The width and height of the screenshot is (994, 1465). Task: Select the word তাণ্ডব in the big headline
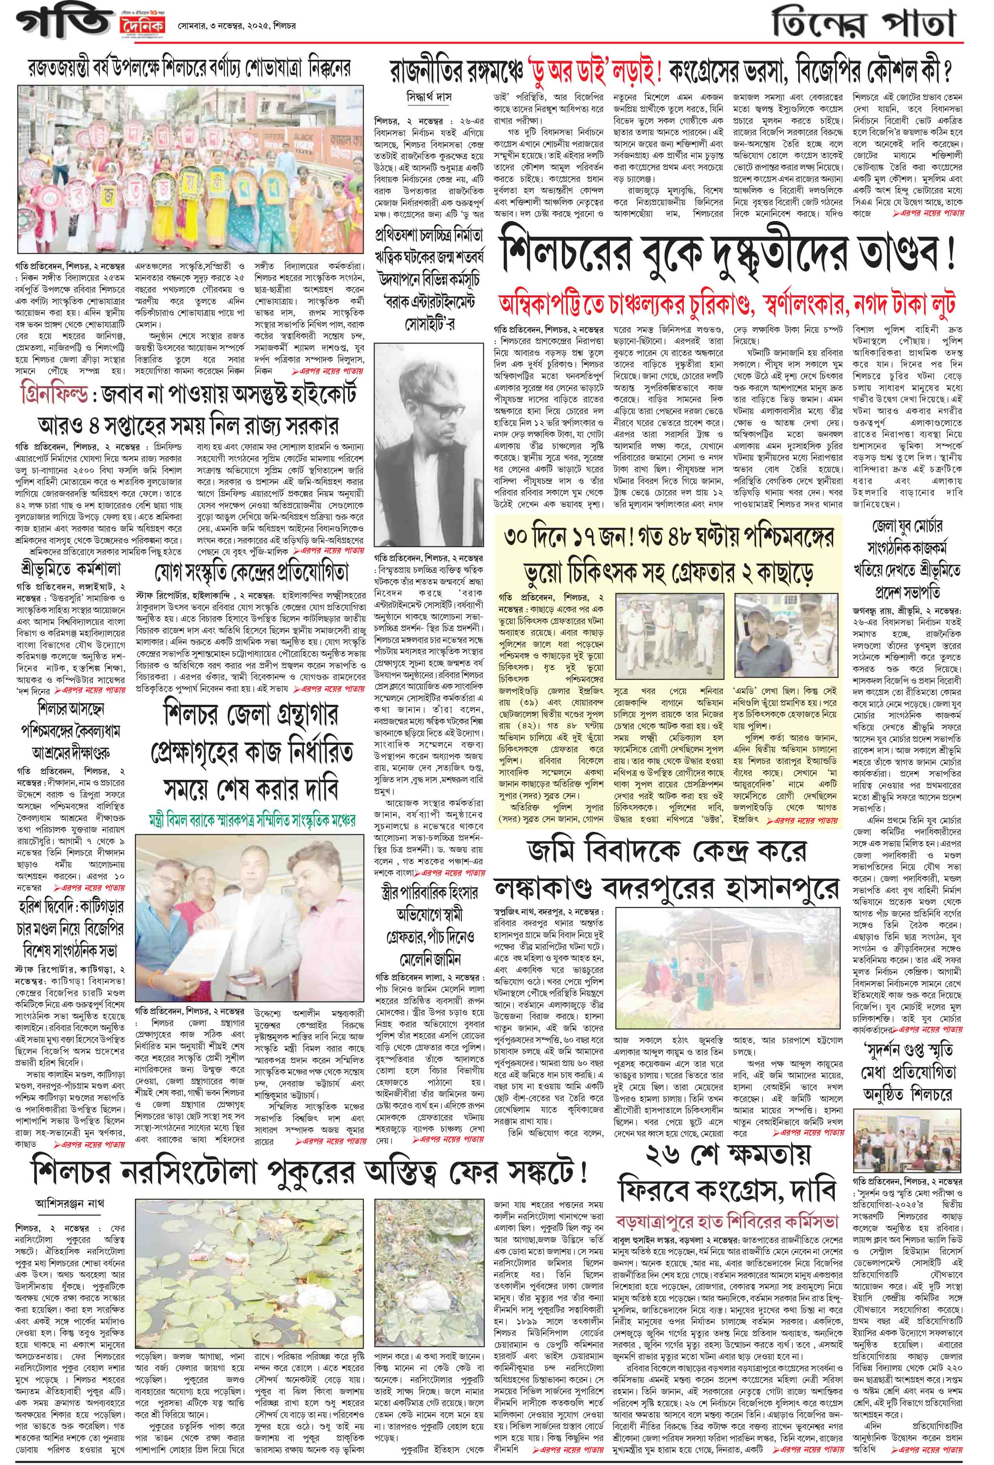888,259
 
